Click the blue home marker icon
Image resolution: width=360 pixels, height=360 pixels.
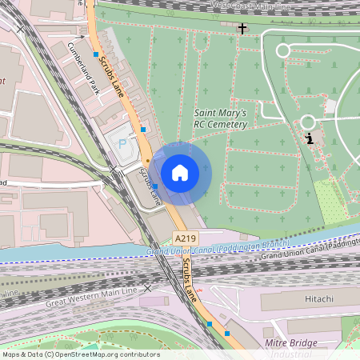pos(180,172)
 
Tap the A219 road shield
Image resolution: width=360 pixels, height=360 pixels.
pos(185,238)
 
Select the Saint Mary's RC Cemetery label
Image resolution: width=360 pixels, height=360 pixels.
pos(220,118)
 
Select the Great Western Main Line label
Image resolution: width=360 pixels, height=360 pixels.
pos(92,297)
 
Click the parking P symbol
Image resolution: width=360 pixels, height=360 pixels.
pos(122,144)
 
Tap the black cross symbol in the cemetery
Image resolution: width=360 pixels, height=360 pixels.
pos(242,29)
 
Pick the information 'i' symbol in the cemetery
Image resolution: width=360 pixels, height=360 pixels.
pos(309,138)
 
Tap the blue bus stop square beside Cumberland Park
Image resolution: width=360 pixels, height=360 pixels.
pos(96,54)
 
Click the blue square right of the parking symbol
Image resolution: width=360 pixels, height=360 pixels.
pos(143,129)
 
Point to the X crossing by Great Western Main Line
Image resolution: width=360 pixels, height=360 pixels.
pos(146,286)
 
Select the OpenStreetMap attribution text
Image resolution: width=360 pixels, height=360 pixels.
pos(81,354)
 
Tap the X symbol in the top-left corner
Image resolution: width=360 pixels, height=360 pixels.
pos(20,29)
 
